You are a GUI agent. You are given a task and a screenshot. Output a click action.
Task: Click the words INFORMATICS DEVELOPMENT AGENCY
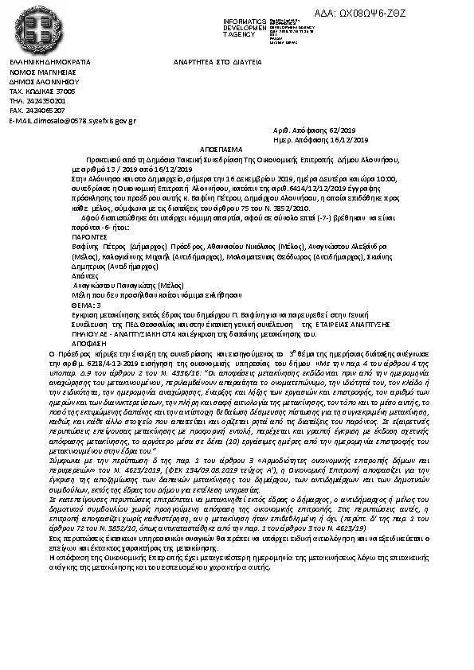click(x=245, y=28)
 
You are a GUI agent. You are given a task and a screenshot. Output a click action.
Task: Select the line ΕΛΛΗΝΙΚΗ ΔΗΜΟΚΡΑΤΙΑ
click(x=49, y=61)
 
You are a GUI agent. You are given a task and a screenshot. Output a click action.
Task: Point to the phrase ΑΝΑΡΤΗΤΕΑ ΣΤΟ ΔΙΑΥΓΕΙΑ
click(x=217, y=61)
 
